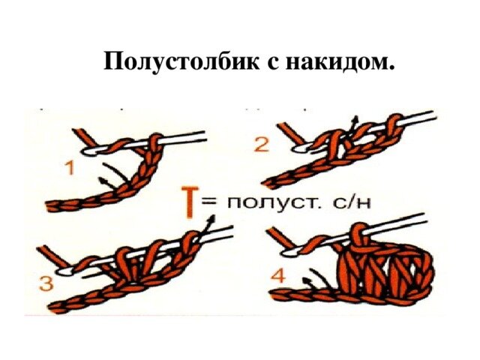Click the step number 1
(x=70, y=168)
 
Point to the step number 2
(x=262, y=145)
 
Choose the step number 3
(x=46, y=283)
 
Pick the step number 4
(x=278, y=275)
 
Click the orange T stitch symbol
(x=190, y=202)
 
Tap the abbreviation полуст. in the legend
(x=274, y=203)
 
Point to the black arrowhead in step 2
(x=355, y=118)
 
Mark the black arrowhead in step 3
(x=211, y=218)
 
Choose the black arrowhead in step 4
(x=306, y=280)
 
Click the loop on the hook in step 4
(x=358, y=235)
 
